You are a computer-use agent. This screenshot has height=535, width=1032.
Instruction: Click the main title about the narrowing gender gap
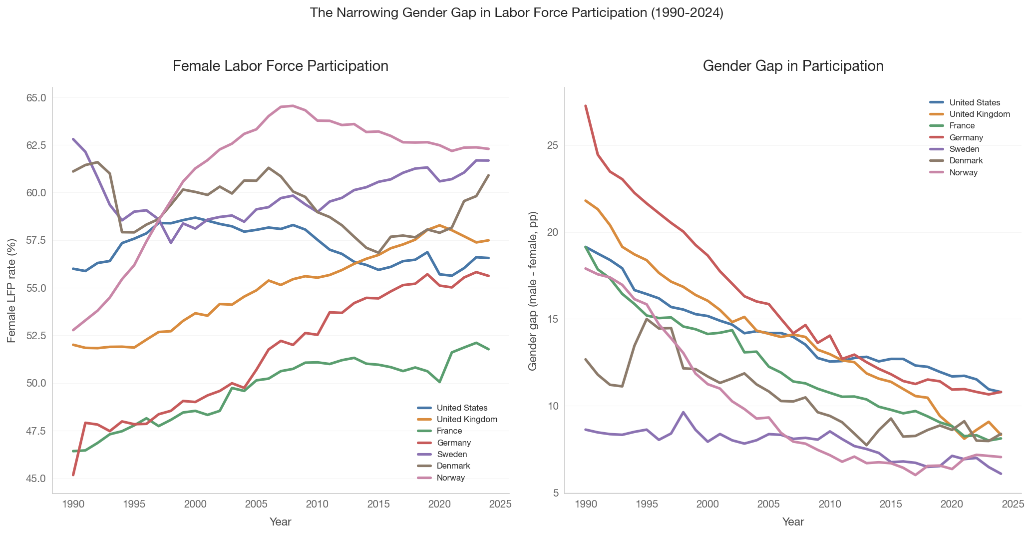click(x=516, y=13)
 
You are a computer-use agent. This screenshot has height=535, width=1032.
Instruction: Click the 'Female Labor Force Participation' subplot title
click(x=281, y=66)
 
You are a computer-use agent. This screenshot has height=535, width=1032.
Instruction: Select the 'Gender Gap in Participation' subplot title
click(x=793, y=66)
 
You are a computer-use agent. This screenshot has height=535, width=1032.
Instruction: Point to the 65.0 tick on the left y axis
click(x=36, y=97)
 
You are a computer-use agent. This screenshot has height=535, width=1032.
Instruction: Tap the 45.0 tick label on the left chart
click(x=36, y=479)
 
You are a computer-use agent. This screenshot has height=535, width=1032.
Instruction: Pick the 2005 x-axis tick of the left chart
click(x=256, y=504)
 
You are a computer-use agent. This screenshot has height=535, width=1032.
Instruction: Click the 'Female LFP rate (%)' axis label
click(x=12, y=291)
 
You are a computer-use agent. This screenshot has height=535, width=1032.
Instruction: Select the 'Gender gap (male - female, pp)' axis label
click(x=533, y=291)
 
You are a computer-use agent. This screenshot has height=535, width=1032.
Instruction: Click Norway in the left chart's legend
click(x=450, y=478)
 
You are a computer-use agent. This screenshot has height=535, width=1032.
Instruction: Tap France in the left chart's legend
click(x=449, y=431)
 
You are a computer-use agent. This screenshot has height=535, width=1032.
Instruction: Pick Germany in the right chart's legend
click(x=966, y=137)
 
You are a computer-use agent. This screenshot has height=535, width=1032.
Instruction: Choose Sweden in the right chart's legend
click(x=964, y=149)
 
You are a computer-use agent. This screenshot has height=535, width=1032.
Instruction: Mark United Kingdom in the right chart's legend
click(x=980, y=114)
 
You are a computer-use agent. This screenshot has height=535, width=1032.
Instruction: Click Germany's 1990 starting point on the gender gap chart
click(x=586, y=106)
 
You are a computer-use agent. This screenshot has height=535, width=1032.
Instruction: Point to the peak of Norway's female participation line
click(x=293, y=106)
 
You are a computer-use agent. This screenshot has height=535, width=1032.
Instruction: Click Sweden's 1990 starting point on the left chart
click(x=73, y=139)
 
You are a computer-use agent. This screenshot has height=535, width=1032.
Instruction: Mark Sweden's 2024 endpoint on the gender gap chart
click(x=1001, y=474)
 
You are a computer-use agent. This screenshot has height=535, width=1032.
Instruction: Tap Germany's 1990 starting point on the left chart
click(x=73, y=475)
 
